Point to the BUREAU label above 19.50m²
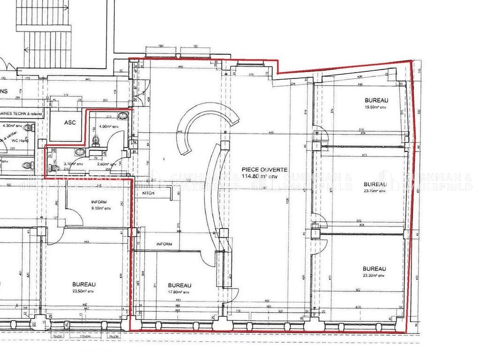[x=377, y=100]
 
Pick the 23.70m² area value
[x=375, y=191]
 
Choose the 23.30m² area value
[x=374, y=276]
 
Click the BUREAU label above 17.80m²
[x=180, y=285]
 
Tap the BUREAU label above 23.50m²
[x=84, y=285]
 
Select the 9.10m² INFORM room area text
[x=101, y=208]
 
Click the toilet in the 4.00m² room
[x=97, y=139]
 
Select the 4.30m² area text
[x=12, y=126]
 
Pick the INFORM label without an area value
[x=164, y=244]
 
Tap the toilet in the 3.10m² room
[x=55, y=168]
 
